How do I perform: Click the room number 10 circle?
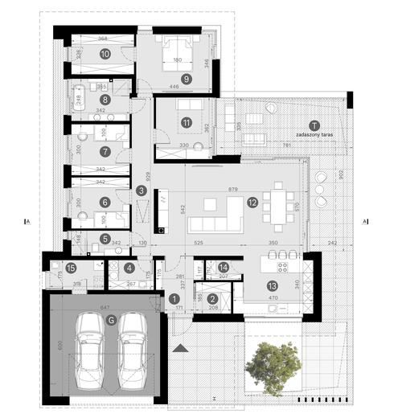pyautogui.click(x=105, y=54)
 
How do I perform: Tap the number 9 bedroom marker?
pyautogui.click(x=186, y=79)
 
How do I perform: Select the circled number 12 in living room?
pyautogui.click(x=252, y=203)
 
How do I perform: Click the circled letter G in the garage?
pyautogui.click(x=111, y=319)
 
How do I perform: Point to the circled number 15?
pyautogui.click(x=72, y=268)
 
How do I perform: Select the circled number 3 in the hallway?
pyautogui.click(x=141, y=191)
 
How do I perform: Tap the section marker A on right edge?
pyautogui.click(x=365, y=220)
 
